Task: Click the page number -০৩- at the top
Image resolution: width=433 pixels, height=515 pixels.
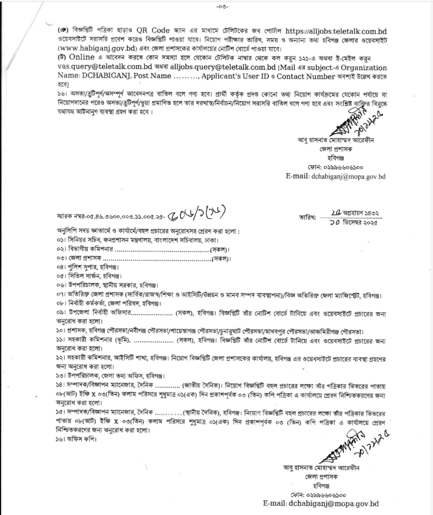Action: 218,7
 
